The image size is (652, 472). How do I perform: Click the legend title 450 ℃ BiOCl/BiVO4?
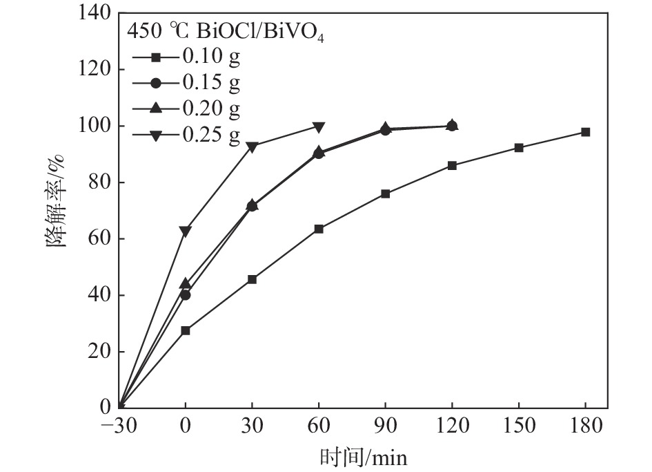[225, 32]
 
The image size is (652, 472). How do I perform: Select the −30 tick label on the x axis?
[119, 425]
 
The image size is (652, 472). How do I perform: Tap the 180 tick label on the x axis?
[585, 425]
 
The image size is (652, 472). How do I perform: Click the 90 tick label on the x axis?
[385, 425]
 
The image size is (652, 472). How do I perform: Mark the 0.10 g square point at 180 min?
[585, 132]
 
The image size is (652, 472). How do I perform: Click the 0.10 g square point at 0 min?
[185, 330]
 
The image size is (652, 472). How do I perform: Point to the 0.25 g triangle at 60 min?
[319, 127]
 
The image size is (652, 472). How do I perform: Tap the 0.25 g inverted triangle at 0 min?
[185, 231]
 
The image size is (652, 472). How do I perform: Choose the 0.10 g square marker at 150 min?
[519, 148]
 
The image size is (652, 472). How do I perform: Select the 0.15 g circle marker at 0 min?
[185, 295]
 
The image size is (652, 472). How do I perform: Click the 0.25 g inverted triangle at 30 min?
[252, 147]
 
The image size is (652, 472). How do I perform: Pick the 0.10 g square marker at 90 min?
[385, 193]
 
